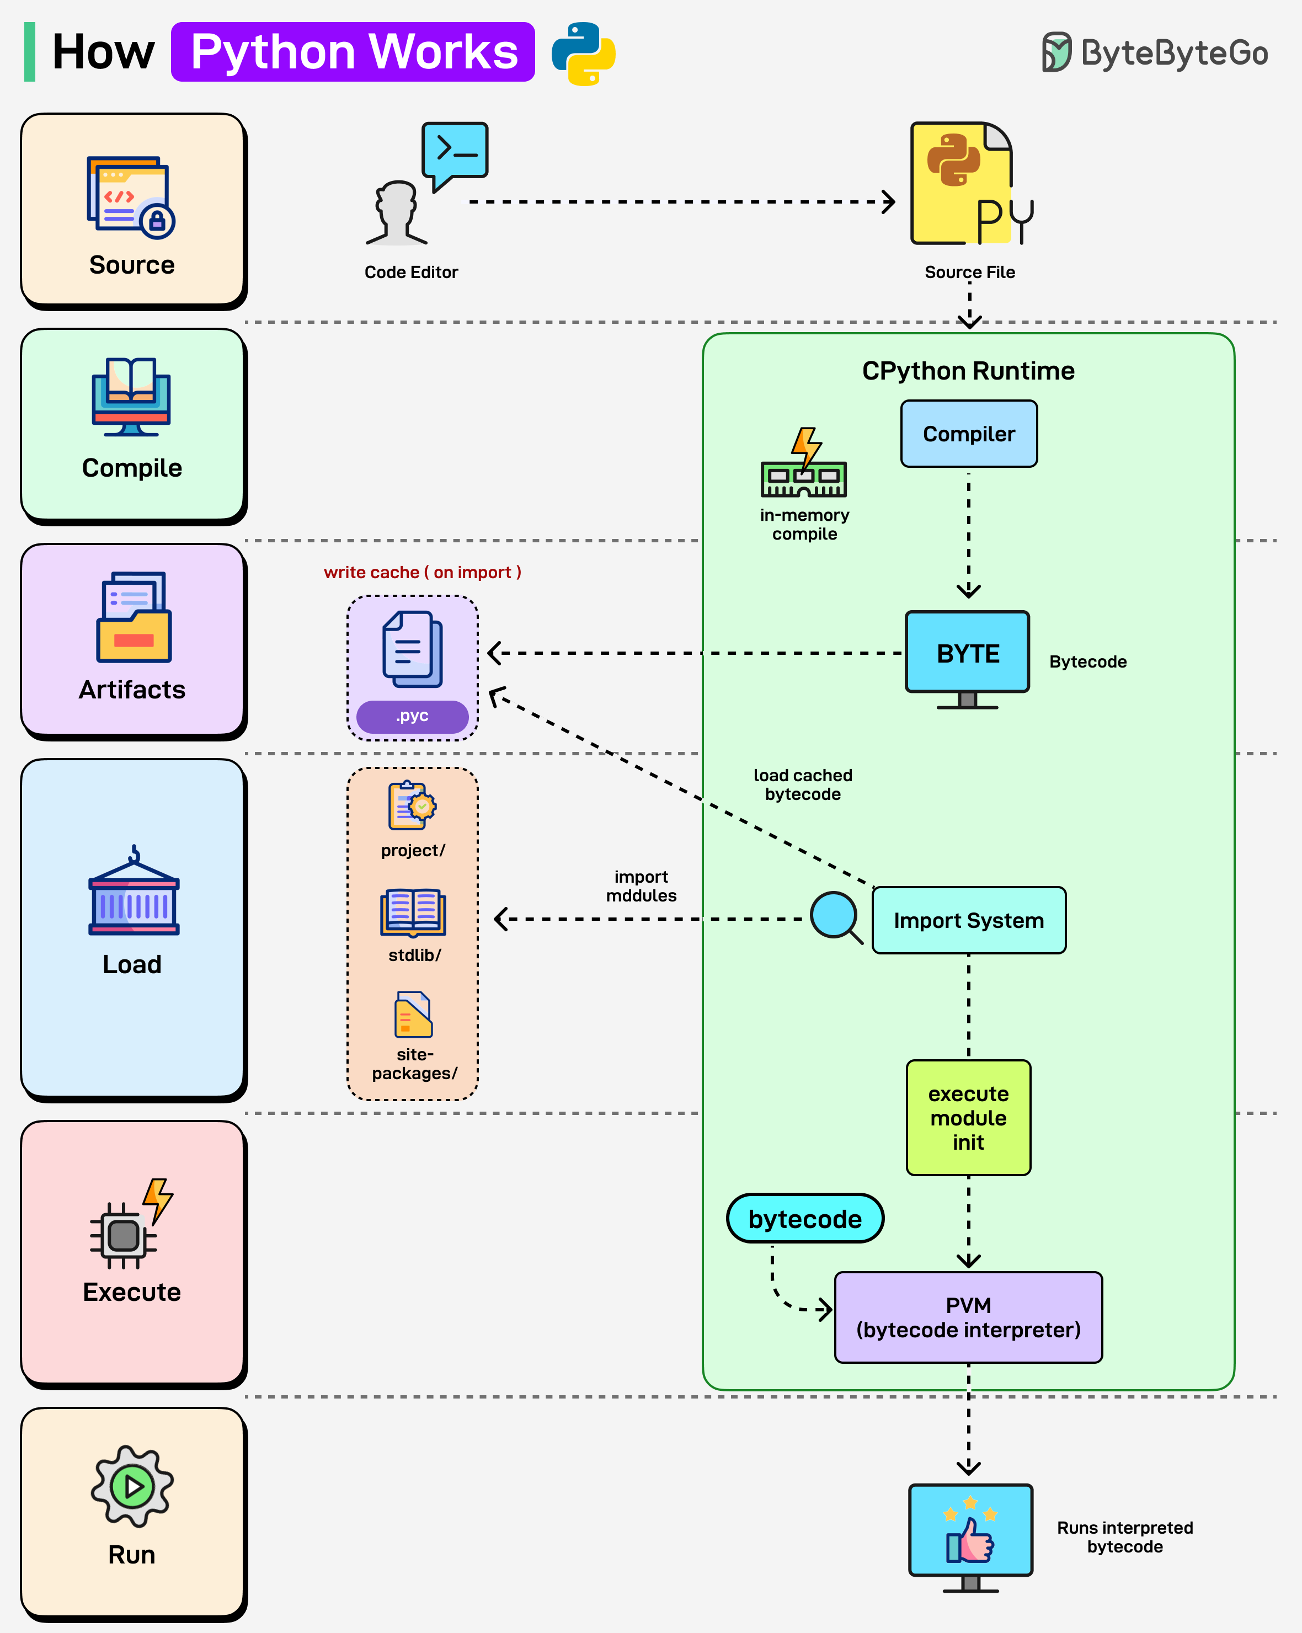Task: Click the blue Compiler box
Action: (968, 434)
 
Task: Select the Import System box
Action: (968, 920)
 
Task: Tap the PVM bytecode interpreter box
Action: (968, 1317)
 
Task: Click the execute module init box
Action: (968, 1117)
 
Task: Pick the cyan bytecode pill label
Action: (804, 1219)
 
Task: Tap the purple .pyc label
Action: (412, 716)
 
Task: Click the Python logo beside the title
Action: (583, 53)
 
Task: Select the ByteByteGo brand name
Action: (1173, 53)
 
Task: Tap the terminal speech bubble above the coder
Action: (455, 152)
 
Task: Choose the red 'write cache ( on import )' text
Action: (422, 573)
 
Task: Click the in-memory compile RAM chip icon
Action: (804, 465)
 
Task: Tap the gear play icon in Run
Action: (132, 1486)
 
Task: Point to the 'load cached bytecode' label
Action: (803, 785)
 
